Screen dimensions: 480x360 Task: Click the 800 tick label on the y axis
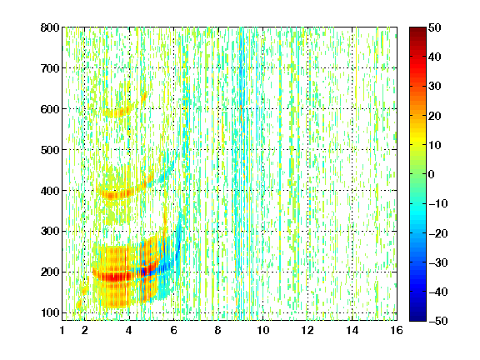[50, 27]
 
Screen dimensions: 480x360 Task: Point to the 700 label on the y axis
[50, 68]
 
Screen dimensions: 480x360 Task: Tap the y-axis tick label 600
[50, 109]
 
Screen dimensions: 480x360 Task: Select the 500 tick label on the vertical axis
[50, 150]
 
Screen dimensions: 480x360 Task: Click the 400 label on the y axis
[50, 191]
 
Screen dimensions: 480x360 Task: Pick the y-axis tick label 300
[50, 232]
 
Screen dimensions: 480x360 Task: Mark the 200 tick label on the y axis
[50, 272]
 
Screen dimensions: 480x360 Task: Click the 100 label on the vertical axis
[50, 312]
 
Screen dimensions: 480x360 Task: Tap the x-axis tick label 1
[62, 330]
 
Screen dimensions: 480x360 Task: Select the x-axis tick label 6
[173, 330]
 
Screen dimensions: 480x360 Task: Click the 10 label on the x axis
[263, 330]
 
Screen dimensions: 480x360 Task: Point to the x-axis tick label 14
[352, 330]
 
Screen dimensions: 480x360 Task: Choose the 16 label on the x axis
[397, 330]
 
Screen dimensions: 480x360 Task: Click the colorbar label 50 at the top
[435, 27]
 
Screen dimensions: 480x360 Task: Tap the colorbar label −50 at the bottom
[438, 321]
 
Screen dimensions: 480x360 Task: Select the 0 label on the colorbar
[432, 174]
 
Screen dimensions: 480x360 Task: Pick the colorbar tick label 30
[435, 87]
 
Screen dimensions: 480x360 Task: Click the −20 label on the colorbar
[438, 233]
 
